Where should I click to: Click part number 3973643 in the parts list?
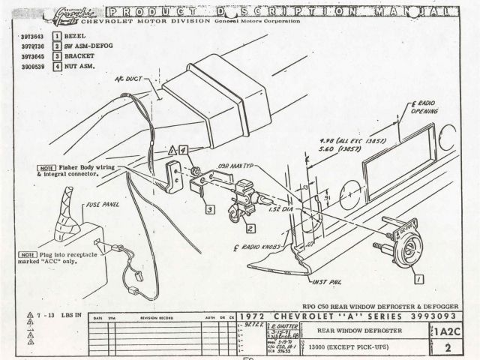(x=27, y=36)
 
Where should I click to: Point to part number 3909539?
(x=27, y=67)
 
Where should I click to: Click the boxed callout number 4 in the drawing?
(x=181, y=149)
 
